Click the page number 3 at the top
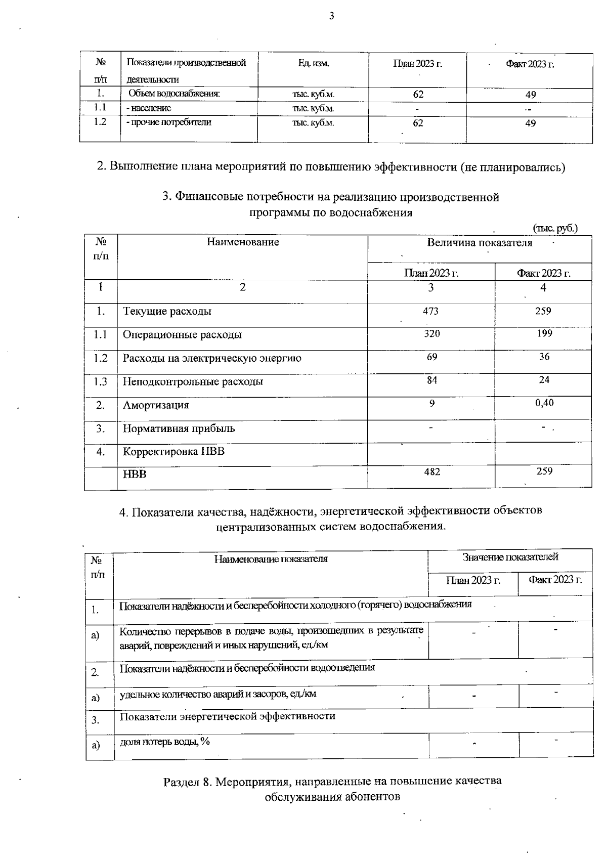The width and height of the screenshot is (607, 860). [332, 16]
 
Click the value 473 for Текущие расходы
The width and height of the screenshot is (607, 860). [430, 311]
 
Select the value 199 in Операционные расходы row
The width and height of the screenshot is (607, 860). [544, 333]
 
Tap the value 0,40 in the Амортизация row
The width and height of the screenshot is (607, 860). [544, 403]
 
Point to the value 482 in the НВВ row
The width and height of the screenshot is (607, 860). [432, 471]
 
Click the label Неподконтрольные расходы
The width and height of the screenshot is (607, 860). [193, 381]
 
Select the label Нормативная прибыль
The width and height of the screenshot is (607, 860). [179, 428]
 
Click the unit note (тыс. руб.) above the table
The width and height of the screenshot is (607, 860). [555, 228]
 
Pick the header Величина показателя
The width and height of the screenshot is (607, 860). [480, 243]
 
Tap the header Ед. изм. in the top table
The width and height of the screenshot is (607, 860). [314, 64]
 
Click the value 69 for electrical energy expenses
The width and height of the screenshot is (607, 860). [432, 357]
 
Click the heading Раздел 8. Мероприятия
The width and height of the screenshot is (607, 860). [332, 781]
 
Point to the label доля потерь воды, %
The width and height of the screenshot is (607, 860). [165, 742]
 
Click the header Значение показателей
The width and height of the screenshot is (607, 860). [510, 557]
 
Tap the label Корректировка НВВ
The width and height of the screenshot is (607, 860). [174, 451]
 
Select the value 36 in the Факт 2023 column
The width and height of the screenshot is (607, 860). [544, 357]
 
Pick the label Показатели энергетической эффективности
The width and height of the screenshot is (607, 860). [227, 716]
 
